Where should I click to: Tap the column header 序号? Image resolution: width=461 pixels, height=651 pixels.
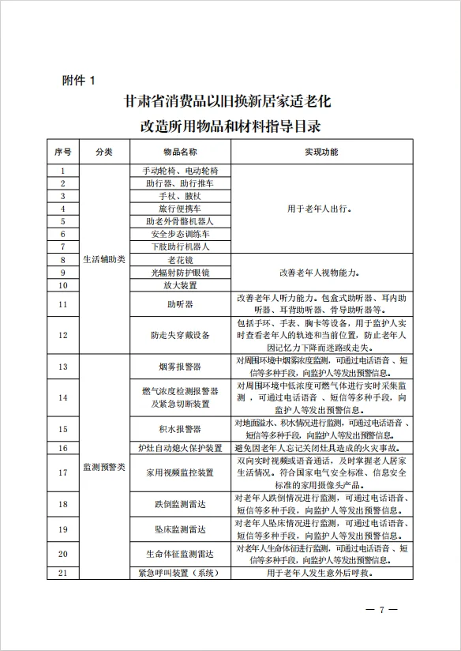(63, 152)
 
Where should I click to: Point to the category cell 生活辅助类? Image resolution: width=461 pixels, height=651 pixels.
(103, 259)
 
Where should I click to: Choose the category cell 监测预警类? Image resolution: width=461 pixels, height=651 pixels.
(103, 467)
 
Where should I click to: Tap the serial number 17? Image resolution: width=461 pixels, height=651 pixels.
(63, 472)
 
